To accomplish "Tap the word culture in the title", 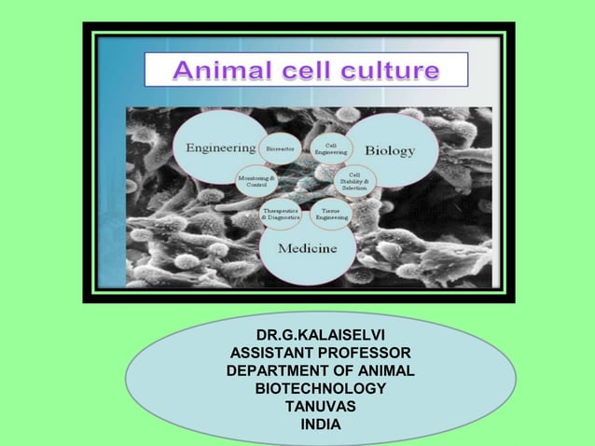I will [x=390, y=70].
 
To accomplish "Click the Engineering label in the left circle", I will [x=221, y=147].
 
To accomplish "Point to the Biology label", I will [x=390, y=150].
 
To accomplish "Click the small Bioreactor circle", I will [x=280, y=148].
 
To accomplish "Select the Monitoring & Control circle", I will [x=256, y=180].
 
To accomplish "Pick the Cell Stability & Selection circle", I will [x=355, y=180].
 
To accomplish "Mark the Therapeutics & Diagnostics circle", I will [x=280, y=214].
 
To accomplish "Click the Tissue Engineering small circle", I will [x=330, y=214].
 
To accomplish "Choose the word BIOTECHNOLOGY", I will [x=320, y=388].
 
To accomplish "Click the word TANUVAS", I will [x=320, y=407].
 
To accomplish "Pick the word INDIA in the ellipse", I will [x=320, y=425].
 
